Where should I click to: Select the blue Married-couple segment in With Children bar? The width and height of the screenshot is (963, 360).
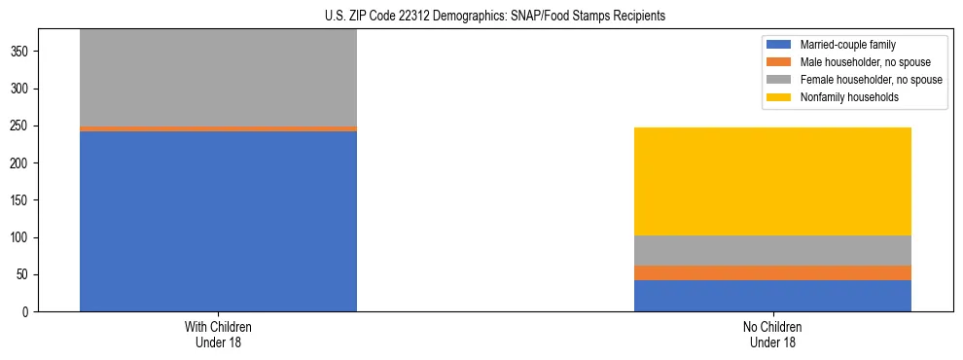(x=218, y=221)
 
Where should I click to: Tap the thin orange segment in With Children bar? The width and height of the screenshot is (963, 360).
(x=218, y=128)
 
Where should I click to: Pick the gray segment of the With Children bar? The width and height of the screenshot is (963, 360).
(x=218, y=78)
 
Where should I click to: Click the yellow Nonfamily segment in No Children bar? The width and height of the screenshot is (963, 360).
(x=772, y=181)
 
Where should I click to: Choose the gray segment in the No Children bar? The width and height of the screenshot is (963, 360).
(x=772, y=250)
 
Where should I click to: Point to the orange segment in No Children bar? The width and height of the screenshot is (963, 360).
(x=772, y=272)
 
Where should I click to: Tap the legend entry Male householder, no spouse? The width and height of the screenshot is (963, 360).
(x=856, y=62)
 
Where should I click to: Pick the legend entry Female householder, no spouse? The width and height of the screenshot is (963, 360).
(x=860, y=80)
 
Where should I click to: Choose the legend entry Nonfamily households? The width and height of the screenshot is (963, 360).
(x=843, y=97)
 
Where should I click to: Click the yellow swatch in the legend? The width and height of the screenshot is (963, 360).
(x=780, y=97)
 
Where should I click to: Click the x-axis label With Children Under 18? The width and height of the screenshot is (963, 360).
(x=218, y=334)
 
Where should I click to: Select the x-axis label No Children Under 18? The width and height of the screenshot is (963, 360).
(x=772, y=334)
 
